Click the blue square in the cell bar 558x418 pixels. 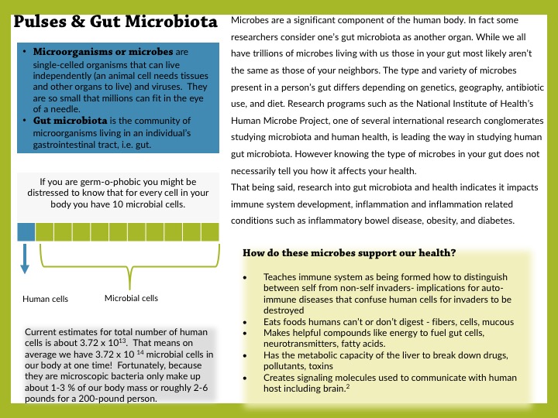pos(26,231)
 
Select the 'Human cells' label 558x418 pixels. pos(45,299)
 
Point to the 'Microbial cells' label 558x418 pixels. pos(131,298)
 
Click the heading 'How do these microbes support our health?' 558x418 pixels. pos(349,252)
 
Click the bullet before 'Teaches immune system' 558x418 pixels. pos(245,276)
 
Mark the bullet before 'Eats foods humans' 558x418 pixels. pos(245,321)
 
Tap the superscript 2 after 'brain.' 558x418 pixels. pos(348,386)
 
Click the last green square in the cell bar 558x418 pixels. pos(211,231)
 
